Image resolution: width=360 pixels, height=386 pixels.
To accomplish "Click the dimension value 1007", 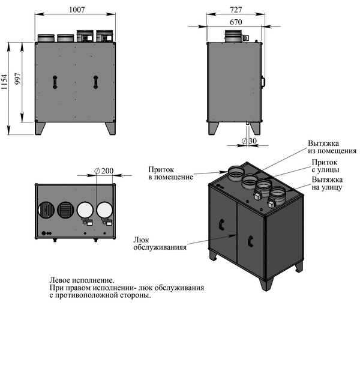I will pos(76,10).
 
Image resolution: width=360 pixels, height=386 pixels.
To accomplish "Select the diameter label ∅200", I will pos(104,171).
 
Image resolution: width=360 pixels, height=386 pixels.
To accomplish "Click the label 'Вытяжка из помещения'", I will pos(332,147).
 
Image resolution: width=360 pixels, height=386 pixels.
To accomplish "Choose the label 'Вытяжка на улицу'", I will pos(326,184).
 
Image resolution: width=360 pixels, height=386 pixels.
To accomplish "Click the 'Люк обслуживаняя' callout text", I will pos(160,243).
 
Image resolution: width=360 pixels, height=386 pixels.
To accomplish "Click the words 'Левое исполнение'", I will pos(82,280).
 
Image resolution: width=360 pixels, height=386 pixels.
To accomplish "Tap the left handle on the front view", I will pos(54,82).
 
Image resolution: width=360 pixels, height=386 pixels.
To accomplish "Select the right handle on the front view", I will pos(95,82).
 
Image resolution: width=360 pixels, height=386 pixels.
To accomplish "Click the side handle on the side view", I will pos(263,81).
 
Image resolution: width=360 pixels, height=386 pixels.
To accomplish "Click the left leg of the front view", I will pos(41,128).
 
